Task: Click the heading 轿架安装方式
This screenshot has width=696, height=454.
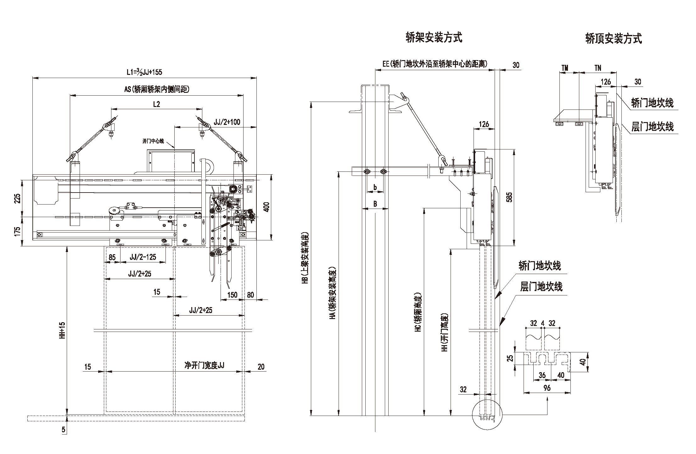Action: click(x=434, y=38)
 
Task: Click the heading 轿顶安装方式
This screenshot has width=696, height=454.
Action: click(x=614, y=39)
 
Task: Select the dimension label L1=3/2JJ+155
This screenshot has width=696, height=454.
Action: click(x=144, y=72)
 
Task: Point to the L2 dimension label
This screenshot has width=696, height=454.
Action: click(x=156, y=104)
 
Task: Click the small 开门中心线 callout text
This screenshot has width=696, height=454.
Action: click(x=153, y=141)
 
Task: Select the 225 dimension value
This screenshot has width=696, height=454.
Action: click(x=17, y=198)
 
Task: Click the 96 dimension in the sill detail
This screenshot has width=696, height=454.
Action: click(x=547, y=388)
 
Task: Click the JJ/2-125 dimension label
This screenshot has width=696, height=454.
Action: click(x=143, y=257)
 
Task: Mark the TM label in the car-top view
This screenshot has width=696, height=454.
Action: click(x=565, y=68)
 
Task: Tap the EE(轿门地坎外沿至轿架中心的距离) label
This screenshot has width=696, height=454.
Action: click(x=435, y=64)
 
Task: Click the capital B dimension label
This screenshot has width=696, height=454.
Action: click(x=375, y=204)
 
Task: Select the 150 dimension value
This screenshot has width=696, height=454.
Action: click(x=232, y=295)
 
